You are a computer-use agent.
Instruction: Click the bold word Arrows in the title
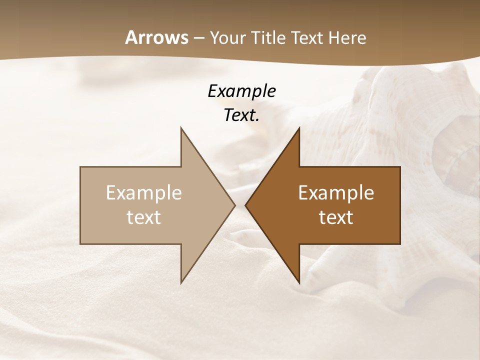(x=156, y=37)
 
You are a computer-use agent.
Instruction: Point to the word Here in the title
(x=347, y=37)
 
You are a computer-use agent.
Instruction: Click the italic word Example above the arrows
(x=241, y=91)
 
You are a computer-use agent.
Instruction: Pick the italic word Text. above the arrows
(x=241, y=115)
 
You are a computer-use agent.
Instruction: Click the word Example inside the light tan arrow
(x=144, y=193)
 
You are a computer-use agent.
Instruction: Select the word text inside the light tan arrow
(x=144, y=217)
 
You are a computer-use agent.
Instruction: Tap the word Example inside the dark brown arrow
(x=336, y=193)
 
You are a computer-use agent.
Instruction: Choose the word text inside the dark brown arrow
(x=336, y=217)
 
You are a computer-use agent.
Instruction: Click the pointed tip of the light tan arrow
(x=235, y=205)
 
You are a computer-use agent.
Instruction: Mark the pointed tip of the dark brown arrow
(x=245, y=205)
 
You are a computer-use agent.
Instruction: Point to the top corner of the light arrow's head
(x=181, y=127)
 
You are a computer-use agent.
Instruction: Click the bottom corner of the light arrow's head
(x=181, y=283)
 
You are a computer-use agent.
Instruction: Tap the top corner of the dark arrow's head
(x=299, y=127)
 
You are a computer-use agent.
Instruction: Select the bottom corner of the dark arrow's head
(x=299, y=283)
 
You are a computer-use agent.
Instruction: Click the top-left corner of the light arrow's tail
(x=80, y=166)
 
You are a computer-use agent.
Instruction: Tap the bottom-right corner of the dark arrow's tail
(x=400, y=244)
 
